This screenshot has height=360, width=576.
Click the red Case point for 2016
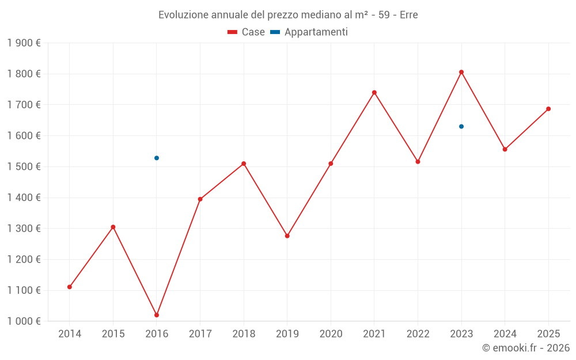pyautogui.click(x=157, y=315)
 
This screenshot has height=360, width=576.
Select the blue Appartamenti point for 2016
pyautogui.click(x=157, y=158)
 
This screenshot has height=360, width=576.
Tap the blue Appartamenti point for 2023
pyautogui.click(x=461, y=127)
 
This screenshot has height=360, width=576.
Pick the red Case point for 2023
pyautogui.click(x=461, y=72)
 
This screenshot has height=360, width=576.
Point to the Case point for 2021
pyautogui.click(x=374, y=93)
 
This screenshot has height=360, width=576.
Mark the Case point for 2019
pyautogui.click(x=287, y=236)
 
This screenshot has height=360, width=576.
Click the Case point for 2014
pyautogui.click(x=70, y=287)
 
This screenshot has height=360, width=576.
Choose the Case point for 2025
pyautogui.click(x=548, y=109)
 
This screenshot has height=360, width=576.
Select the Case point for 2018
pyautogui.click(x=244, y=164)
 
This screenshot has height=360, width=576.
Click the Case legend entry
pyautogui.click(x=247, y=32)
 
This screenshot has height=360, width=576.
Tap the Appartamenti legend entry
pyautogui.click(x=309, y=32)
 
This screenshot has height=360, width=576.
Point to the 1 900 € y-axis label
pyautogui.click(x=24, y=43)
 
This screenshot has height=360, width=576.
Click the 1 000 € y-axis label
pyautogui.click(x=24, y=321)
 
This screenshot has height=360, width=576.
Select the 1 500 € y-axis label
pyautogui.click(x=24, y=167)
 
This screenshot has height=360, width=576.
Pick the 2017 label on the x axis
pyautogui.click(x=200, y=334)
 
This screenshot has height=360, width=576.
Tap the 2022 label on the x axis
pyautogui.click(x=418, y=334)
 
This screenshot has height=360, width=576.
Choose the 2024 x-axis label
pyautogui.click(x=505, y=334)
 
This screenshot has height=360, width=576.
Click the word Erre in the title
pyautogui.click(x=408, y=15)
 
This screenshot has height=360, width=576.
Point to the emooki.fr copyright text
pyautogui.click(x=526, y=348)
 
